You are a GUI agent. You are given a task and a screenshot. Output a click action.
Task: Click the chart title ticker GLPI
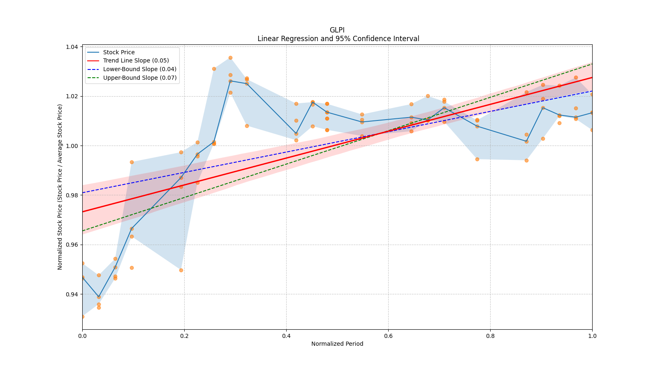337,30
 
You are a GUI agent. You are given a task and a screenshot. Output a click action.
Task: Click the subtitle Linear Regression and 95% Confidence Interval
338,39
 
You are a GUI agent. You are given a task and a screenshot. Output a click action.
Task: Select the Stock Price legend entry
119,52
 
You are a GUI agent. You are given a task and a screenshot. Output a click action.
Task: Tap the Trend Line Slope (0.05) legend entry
136,60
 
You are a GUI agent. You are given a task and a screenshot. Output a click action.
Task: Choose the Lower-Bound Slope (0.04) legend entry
139,69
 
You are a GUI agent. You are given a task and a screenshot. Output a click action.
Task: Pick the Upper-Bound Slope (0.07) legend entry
140,78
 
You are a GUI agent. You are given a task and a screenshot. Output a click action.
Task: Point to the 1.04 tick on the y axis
72,47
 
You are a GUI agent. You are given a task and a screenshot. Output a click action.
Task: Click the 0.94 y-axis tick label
72,294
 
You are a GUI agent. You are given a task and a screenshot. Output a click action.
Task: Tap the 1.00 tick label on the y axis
72,146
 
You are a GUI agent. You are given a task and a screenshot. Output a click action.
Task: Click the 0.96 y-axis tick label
72,245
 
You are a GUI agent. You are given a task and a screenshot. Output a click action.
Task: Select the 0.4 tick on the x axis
286,336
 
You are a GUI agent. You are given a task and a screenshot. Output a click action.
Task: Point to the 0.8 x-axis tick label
490,336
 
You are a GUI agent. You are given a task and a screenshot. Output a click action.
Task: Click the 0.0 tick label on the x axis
82,336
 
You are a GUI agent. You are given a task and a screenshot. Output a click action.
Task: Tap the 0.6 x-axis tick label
388,336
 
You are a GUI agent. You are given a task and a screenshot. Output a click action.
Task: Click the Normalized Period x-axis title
337,344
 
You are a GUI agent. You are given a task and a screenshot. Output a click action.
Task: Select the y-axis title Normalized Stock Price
60,187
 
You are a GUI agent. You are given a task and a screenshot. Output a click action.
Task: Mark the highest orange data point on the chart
230,58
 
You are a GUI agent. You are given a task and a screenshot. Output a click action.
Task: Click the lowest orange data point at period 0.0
82,317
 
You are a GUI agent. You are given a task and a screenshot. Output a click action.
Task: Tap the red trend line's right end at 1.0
592,77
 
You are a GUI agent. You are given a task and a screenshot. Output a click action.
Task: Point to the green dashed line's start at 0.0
83,231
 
